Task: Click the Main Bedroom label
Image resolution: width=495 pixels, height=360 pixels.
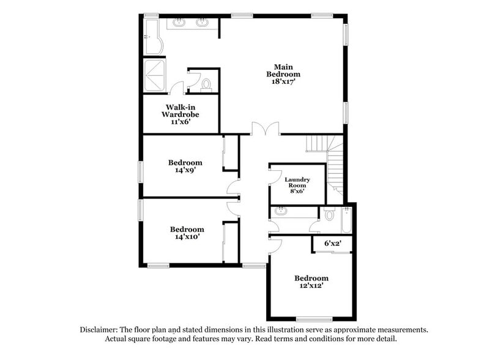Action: click(283, 70)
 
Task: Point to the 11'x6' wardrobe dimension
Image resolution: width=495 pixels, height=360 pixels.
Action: click(180, 121)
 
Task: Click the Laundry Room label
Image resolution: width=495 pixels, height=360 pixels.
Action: click(297, 182)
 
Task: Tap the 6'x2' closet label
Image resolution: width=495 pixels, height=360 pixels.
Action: click(332, 244)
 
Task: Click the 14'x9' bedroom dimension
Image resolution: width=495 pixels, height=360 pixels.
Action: click(185, 171)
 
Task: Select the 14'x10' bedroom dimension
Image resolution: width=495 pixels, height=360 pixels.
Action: click(186, 238)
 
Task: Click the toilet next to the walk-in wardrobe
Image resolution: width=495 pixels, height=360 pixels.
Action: click(206, 84)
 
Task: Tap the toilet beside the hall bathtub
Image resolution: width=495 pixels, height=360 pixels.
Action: click(330, 214)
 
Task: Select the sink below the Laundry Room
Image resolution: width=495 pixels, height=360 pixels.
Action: click(281, 212)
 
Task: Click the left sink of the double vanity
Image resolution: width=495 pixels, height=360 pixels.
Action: click(179, 23)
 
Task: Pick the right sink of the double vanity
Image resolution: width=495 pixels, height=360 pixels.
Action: click(202, 23)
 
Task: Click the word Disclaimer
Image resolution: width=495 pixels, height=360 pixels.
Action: click(100, 329)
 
